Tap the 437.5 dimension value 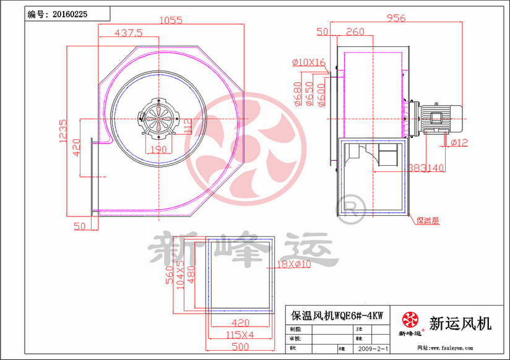tap(129, 32)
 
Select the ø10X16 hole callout tap(309, 62)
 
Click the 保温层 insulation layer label tap(428, 220)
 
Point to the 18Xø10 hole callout tap(293, 265)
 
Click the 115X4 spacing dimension tap(240, 335)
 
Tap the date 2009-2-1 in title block tap(374, 349)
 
